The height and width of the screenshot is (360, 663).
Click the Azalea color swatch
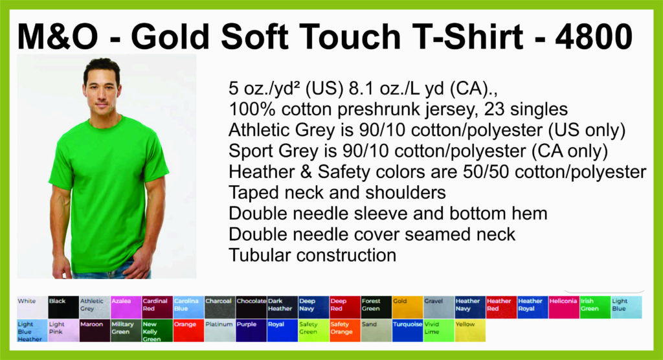(x=126, y=307)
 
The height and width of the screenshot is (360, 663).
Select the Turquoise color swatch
(x=408, y=330)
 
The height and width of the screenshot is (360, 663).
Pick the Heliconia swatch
(x=564, y=307)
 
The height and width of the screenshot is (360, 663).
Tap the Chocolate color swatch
(x=251, y=307)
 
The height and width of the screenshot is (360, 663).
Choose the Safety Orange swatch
(x=345, y=330)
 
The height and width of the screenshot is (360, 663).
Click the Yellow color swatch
(x=470, y=330)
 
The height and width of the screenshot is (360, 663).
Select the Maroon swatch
(x=95, y=330)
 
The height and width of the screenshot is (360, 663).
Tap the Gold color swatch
(x=408, y=307)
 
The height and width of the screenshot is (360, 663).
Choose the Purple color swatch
(x=251, y=330)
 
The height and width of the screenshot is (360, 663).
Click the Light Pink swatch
(x=63, y=330)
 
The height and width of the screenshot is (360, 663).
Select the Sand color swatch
(x=376, y=330)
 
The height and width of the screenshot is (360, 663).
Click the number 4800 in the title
(x=594, y=36)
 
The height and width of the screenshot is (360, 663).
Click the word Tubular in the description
(x=260, y=255)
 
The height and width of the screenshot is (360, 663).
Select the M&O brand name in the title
(x=58, y=36)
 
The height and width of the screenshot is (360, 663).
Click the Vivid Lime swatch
(x=439, y=330)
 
